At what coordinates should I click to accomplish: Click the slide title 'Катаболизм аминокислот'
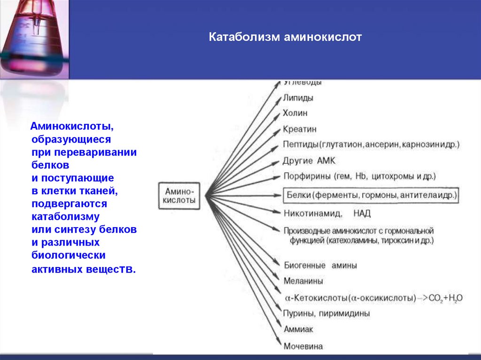click(285, 37)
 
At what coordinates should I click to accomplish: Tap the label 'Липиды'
click(298, 98)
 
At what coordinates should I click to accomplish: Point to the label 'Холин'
click(295, 114)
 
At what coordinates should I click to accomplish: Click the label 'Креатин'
click(300, 129)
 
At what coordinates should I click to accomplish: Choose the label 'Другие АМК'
click(310, 161)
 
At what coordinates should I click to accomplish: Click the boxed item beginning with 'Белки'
click(370, 195)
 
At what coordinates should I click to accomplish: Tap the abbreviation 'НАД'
click(362, 214)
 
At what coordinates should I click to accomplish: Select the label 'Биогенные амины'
click(320, 265)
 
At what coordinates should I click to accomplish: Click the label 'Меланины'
click(303, 281)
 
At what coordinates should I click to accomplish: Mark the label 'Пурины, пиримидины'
click(326, 313)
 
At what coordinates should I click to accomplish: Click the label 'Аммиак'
click(298, 329)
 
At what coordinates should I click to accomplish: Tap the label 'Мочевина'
click(303, 346)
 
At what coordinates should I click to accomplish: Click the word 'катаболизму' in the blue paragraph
click(65, 217)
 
